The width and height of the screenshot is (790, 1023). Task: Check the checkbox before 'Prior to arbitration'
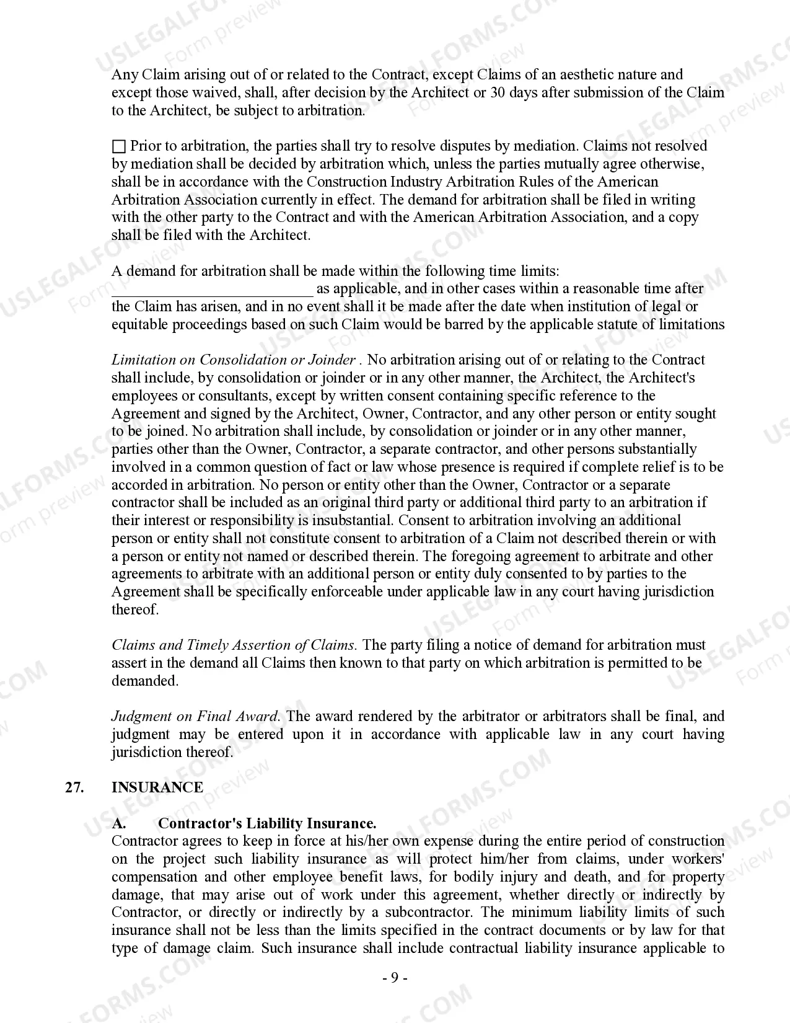118,147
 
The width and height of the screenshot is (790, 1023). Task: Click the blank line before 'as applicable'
213,290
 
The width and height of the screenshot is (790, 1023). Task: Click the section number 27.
74,787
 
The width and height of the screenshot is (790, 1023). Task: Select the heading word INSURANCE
157,787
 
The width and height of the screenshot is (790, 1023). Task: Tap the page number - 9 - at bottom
395,978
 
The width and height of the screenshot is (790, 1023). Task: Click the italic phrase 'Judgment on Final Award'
195,717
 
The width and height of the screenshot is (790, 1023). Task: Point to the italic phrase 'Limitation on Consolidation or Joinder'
233,360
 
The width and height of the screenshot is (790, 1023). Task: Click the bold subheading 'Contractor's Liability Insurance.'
267,823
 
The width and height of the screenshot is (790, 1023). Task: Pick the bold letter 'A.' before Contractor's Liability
120,823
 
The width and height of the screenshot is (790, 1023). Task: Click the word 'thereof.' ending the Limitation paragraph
135,610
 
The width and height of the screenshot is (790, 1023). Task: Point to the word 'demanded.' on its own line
145,681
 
